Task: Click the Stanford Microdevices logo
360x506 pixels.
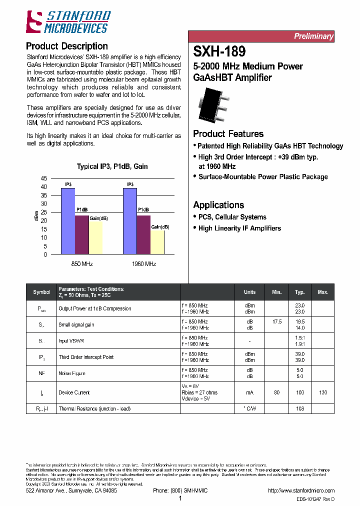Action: point(68,22)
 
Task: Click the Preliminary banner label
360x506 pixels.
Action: point(313,36)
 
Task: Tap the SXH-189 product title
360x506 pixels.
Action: point(219,51)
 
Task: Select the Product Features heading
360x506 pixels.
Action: point(228,133)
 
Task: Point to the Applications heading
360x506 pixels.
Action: point(218,204)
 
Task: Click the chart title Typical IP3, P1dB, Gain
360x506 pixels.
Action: point(112,166)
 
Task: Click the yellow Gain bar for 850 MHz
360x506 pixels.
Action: point(96,238)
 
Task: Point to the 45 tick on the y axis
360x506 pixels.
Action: point(43,178)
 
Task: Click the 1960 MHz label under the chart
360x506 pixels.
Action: point(143,263)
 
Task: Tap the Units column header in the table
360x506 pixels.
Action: point(249,292)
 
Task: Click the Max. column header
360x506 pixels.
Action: point(323,292)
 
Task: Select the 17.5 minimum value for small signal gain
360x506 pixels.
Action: point(277,321)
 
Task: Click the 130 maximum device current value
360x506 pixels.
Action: point(323,392)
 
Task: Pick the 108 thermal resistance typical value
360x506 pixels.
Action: point(300,408)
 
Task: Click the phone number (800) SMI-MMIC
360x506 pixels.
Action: point(180,490)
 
